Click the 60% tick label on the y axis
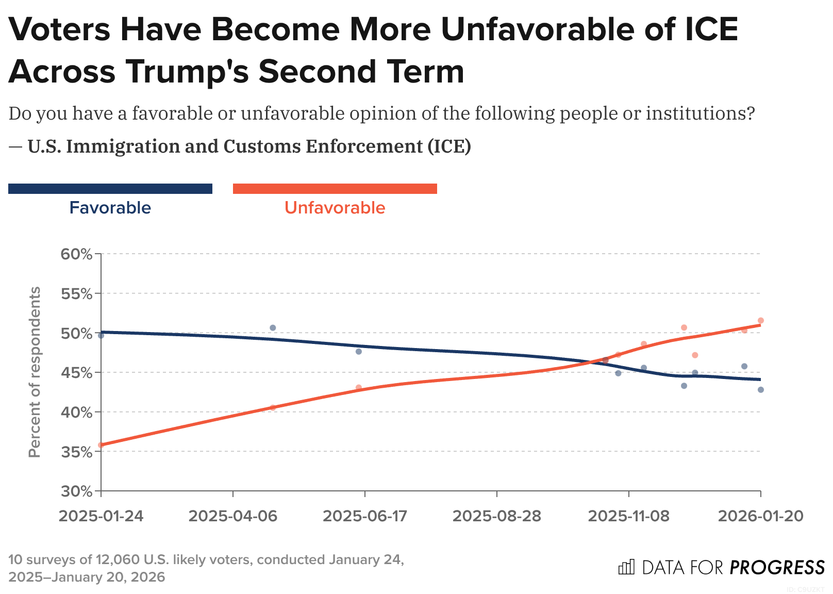(x=77, y=254)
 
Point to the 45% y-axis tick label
(x=77, y=373)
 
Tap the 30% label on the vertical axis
(x=77, y=491)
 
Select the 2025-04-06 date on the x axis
(x=233, y=516)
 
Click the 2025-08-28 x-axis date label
(x=497, y=516)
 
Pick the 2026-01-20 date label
(x=760, y=516)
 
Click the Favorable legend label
(x=110, y=208)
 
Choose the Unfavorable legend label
(x=335, y=208)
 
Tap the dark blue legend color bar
(x=110, y=189)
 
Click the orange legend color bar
(x=335, y=189)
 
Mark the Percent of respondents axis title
(x=35, y=372)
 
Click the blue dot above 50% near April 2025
(x=273, y=328)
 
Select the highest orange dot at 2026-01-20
(x=760, y=321)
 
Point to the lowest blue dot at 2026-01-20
(x=760, y=390)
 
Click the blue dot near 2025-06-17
(x=359, y=352)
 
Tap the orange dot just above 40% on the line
(x=273, y=407)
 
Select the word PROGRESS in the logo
(x=777, y=568)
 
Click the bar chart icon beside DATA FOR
(x=626, y=567)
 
